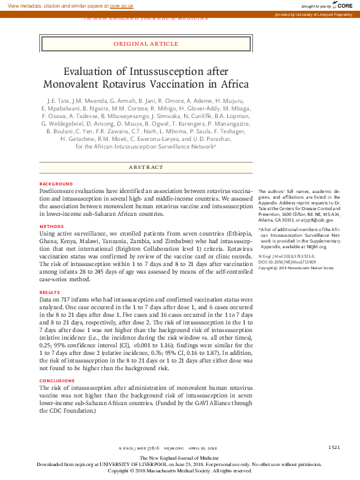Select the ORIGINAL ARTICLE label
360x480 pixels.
click(x=145, y=44)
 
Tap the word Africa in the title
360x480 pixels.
click(x=231, y=84)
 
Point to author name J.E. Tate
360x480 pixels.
click(x=59, y=101)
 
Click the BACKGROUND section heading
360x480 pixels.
click(x=56, y=183)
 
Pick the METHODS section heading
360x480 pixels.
click(x=51, y=226)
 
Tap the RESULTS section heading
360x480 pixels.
click(x=51, y=292)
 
